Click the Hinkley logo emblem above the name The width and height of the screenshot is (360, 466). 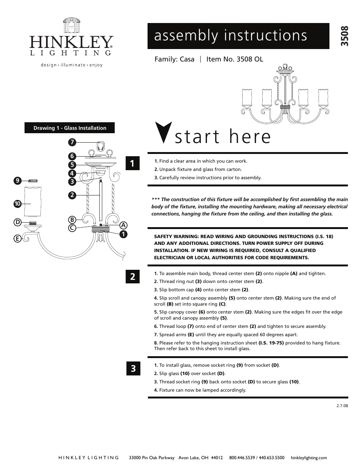tap(71, 26)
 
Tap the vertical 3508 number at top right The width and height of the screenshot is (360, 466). tap(343, 36)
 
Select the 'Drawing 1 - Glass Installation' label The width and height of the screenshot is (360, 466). tap(70, 128)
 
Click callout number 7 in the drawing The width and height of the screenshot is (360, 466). tap(72, 142)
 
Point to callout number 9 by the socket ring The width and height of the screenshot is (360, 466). tap(17, 181)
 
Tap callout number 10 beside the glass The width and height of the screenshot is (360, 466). tap(17, 204)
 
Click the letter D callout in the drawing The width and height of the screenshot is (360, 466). tap(17, 222)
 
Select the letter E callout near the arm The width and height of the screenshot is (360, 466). tap(17, 238)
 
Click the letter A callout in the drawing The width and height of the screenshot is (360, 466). tap(123, 225)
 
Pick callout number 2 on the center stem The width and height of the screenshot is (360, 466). tap(72, 195)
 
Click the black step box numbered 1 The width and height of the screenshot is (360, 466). tap(133, 163)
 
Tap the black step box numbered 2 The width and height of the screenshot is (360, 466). tap(133, 277)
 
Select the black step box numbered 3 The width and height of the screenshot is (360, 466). tap(133, 368)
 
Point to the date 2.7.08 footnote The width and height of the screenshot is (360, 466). tap(342, 406)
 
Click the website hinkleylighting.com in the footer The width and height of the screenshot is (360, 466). tap(309, 458)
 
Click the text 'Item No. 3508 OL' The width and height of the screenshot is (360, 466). tap(234, 59)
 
